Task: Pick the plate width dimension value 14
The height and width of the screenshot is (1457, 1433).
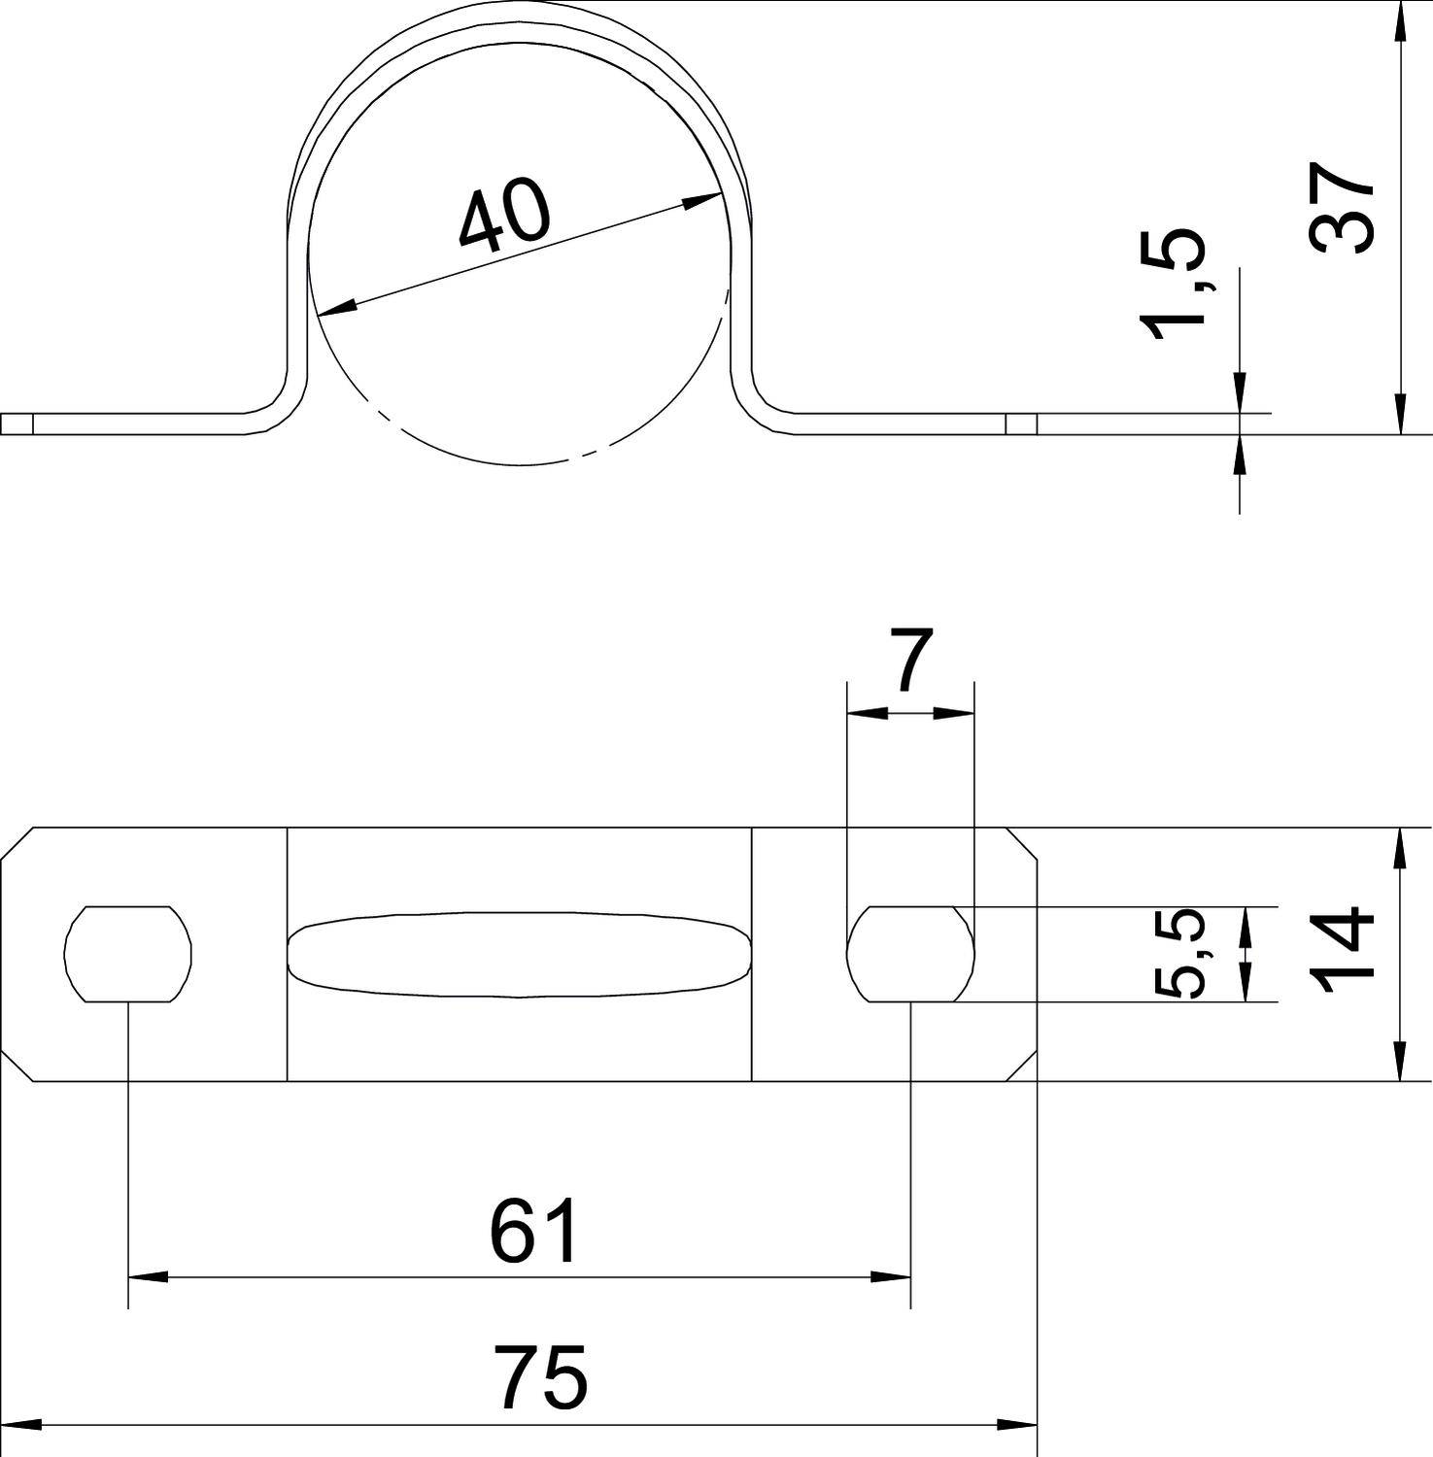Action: (1342, 952)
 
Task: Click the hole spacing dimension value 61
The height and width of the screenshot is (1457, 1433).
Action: (533, 1232)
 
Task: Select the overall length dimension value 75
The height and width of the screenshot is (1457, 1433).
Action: (540, 1376)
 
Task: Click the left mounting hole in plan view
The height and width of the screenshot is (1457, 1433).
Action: (128, 954)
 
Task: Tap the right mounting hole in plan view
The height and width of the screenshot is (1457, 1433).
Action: (910, 954)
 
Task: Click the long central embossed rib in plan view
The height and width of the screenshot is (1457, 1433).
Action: (520, 955)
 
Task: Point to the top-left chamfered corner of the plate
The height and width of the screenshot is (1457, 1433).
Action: (17, 844)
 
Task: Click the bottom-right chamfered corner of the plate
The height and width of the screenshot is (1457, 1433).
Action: (1021, 1065)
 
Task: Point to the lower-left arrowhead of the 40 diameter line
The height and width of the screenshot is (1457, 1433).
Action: (336, 309)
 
